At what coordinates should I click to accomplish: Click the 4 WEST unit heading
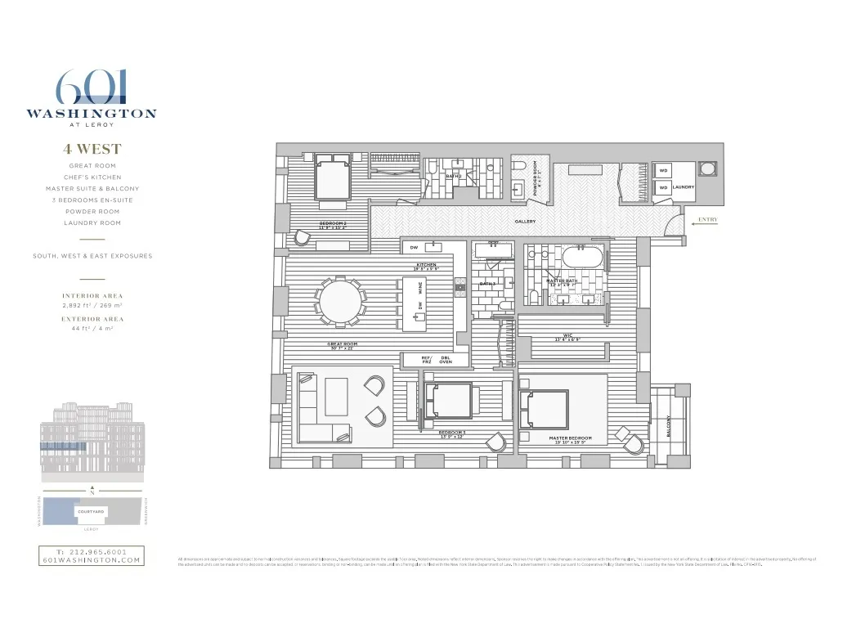92,150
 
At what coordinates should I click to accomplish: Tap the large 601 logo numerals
91,88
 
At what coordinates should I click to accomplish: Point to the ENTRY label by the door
707,219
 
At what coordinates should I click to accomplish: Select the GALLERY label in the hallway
525,222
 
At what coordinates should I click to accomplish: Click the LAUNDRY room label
684,187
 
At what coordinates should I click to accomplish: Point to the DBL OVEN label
446,360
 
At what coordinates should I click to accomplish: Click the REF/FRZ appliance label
426,360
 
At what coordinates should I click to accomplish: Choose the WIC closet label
567,336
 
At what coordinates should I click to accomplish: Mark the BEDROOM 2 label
333,224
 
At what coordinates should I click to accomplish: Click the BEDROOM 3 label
452,433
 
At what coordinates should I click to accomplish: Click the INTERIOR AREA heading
92,295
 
